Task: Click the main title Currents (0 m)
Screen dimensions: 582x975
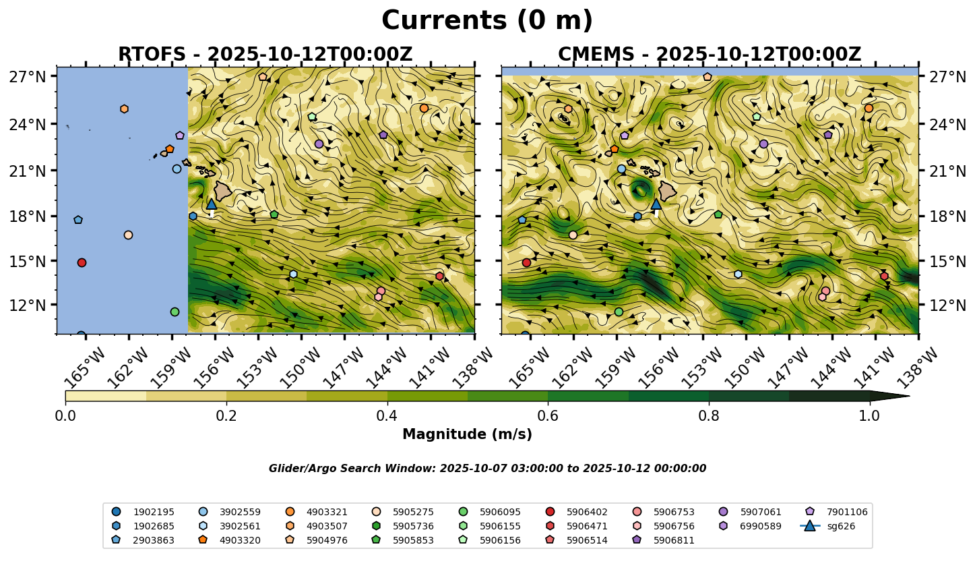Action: point(487,21)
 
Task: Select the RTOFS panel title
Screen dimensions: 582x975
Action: point(265,55)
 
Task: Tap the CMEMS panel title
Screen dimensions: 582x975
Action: point(710,55)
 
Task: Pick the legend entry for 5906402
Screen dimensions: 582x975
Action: point(587,512)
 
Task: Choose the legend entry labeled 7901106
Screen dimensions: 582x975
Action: point(847,512)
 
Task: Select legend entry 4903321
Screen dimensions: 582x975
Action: point(327,512)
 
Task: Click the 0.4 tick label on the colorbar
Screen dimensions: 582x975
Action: point(387,415)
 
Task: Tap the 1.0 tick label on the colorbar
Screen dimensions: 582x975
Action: point(869,415)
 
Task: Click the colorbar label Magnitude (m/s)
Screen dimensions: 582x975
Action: point(467,435)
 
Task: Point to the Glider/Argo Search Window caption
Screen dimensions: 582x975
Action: point(487,469)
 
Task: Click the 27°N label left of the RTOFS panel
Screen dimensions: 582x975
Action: point(28,76)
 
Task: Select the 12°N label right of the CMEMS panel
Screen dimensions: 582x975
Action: point(945,305)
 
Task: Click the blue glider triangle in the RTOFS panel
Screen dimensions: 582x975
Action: point(212,204)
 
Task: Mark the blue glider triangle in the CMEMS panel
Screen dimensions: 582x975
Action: point(656,204)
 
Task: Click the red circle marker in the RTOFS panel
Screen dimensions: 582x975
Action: point(82,262)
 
